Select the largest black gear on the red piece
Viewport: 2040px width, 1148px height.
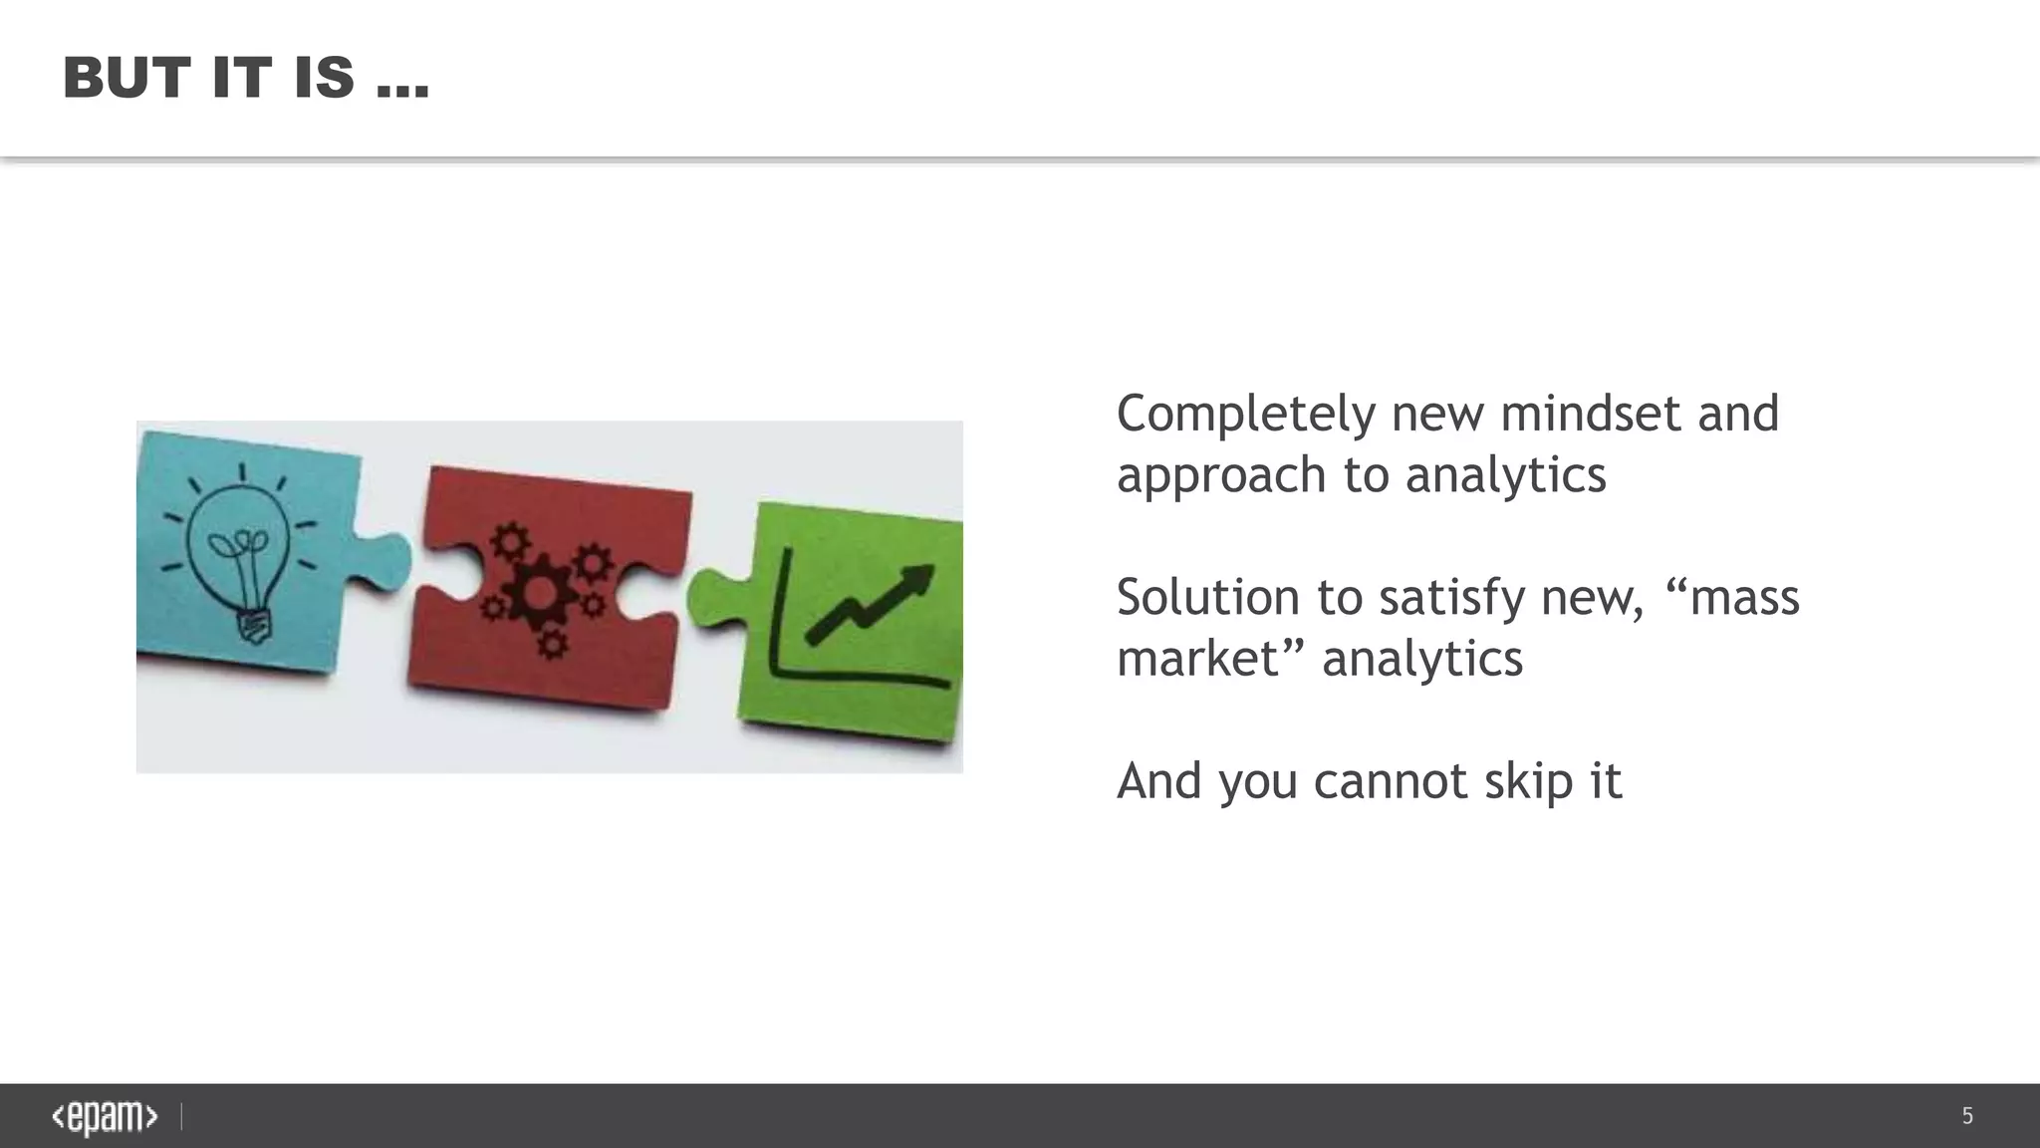[540, 593]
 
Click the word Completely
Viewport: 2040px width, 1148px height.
[1245, 415]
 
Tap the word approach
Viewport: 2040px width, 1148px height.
[1221, 476]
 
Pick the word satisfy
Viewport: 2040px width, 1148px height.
[1454, 598]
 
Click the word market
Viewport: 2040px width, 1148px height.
[1196, 659]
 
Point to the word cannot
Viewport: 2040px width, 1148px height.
[1391, 781]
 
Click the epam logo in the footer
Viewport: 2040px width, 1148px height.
[105, 1117]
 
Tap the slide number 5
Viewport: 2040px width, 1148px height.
[1967, 1116]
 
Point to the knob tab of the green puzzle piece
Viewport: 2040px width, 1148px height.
[711, 597]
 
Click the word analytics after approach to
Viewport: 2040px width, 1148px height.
[1505, 475]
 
